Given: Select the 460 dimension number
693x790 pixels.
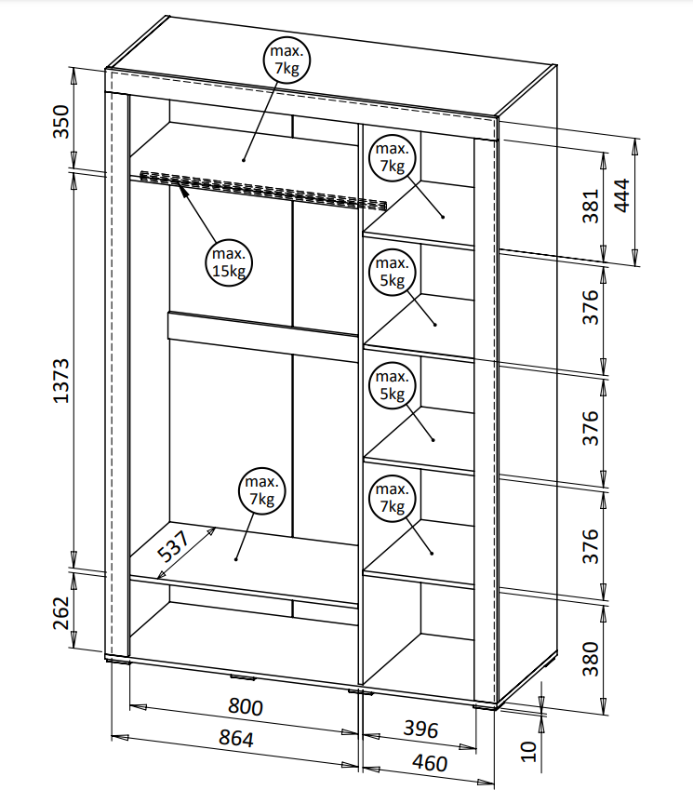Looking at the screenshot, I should (x=429, y=764).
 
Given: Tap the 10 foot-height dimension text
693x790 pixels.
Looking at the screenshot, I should (x=528, y=751).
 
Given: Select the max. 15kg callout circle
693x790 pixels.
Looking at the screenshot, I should (x=228, y=262).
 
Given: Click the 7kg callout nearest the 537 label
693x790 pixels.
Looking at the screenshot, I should (x=261, y=490).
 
